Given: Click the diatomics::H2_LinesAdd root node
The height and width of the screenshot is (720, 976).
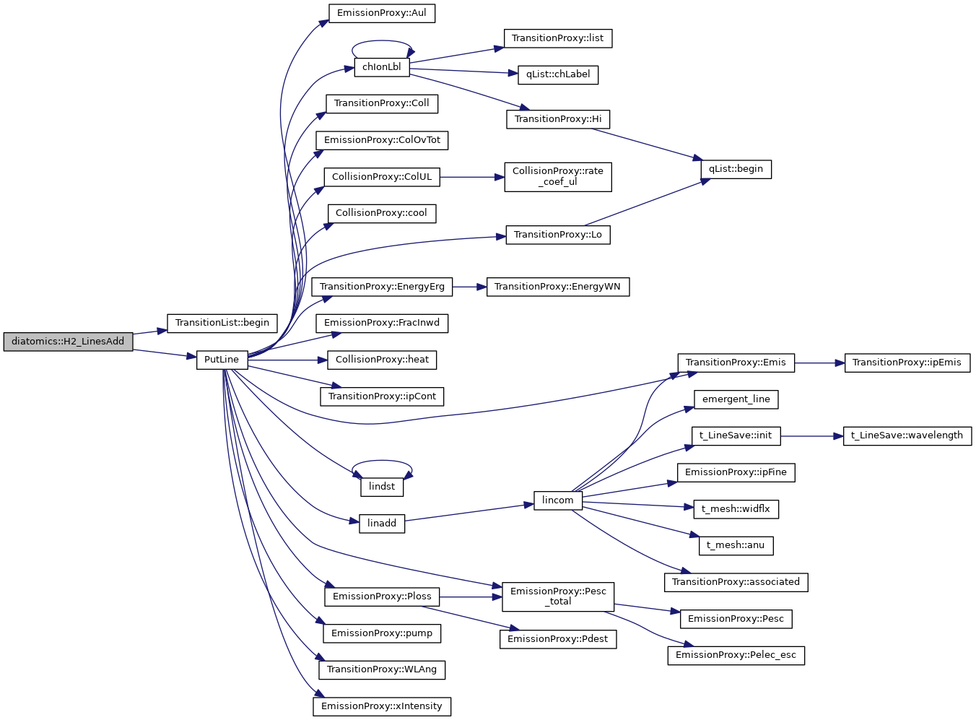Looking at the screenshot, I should (x=68, y=342).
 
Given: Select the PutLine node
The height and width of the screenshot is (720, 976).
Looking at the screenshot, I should (x=222, y=360).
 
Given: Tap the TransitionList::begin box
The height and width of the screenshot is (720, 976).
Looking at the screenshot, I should (x=222, y=323).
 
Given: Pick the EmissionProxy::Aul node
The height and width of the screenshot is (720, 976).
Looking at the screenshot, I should (x=382, y=13).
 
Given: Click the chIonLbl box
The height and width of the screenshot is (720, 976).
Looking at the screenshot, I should (x=382, y=67).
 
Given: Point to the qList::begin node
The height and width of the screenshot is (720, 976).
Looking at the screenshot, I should (x=736, y=169).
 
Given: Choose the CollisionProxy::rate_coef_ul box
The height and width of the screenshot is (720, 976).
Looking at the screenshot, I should (x=558, y=176).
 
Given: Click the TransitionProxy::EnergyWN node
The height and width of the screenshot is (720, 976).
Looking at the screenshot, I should (x=557, y=287).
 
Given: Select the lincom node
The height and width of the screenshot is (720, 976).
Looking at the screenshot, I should (x=558, y=500).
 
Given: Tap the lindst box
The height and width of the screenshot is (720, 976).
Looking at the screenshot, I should (x=382, y=487).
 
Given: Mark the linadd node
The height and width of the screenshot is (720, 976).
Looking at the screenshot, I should (x=382, y=524).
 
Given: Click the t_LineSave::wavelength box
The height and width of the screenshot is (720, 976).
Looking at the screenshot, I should (x=907, y=435).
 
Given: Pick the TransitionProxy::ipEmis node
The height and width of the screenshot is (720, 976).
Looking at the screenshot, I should (x=907, y=363).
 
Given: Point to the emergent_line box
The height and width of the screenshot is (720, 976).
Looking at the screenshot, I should (x=736, y=399).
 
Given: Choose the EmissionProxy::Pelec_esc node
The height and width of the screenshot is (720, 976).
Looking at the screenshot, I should (x=736, y=655).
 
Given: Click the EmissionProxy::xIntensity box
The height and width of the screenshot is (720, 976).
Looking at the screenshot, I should (x=382, y=706).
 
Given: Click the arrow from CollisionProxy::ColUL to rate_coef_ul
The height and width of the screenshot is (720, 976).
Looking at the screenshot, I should (x=472, y=177).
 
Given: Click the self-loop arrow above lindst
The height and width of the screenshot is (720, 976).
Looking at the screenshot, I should (x=382, y=461).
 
